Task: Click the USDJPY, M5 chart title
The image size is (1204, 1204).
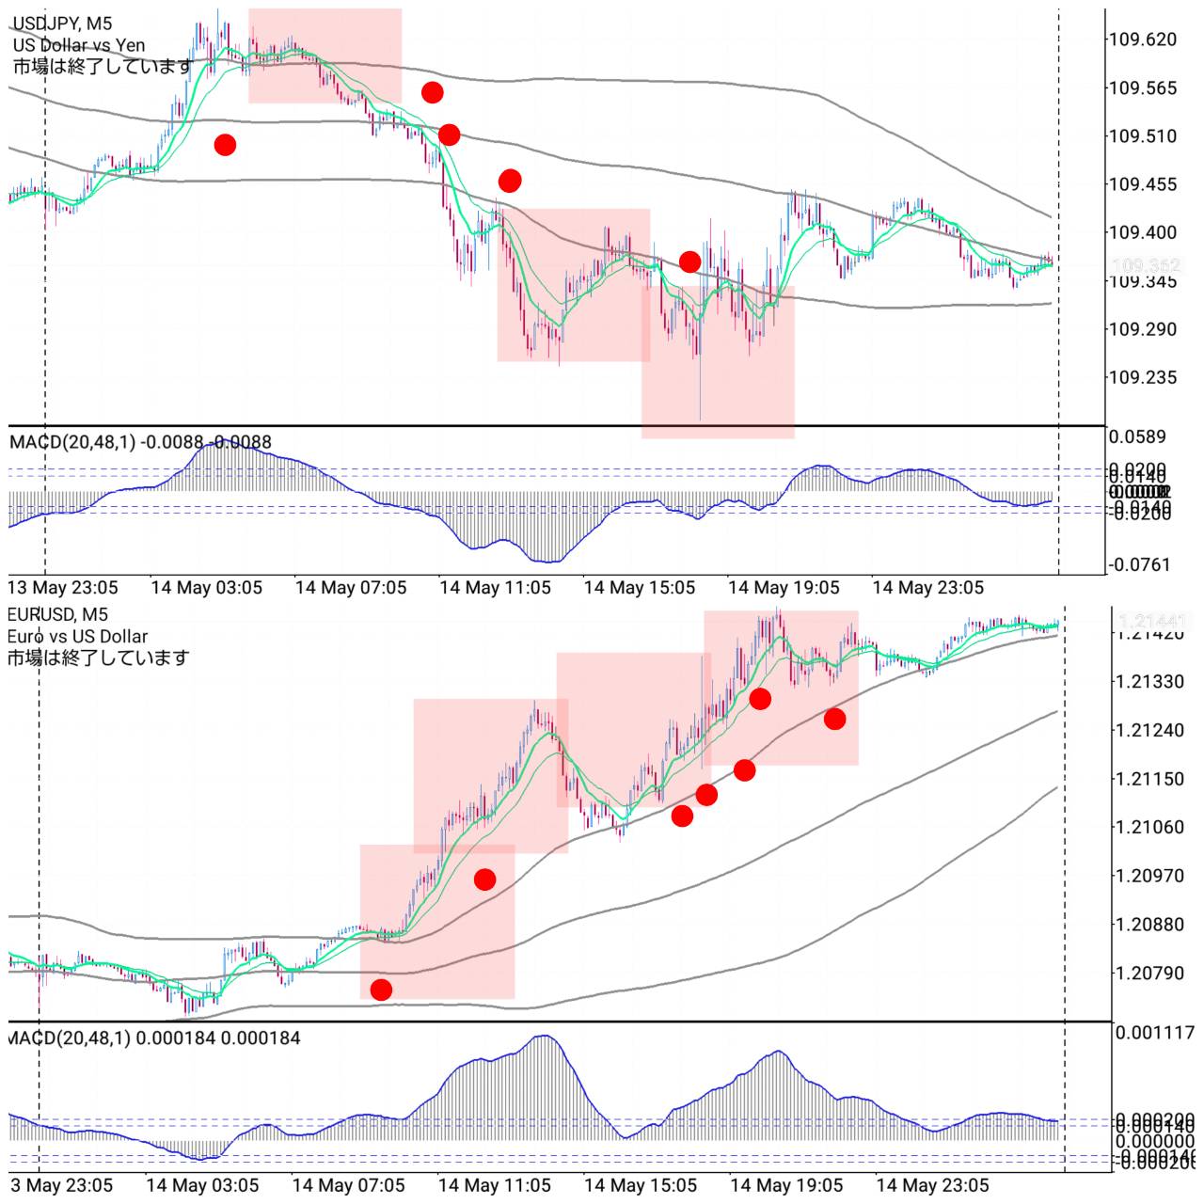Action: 62,24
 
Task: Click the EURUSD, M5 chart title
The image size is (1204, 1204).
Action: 57,614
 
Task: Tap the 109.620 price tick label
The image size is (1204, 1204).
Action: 1142,40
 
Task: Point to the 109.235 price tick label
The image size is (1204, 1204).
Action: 1142,377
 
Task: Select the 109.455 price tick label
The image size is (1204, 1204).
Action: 1142,184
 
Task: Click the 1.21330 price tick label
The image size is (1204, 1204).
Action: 1149,681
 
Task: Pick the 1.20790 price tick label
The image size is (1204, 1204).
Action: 1149,973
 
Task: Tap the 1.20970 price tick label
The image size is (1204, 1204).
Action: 1149,876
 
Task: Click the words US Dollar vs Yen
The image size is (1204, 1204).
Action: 79,45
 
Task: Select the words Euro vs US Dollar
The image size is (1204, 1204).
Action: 77,636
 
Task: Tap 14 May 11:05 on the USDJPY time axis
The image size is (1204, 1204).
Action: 495,588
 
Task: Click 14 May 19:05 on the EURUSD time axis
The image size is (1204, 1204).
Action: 786,1185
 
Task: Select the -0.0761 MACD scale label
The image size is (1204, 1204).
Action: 1140,565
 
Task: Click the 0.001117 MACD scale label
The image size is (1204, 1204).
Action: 1153,1033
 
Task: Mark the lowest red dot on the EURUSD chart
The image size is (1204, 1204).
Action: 381,990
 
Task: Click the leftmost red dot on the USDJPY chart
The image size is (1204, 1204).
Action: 225,145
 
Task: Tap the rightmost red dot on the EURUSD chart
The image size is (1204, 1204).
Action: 834,720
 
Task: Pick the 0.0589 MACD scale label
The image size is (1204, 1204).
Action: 1137,436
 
